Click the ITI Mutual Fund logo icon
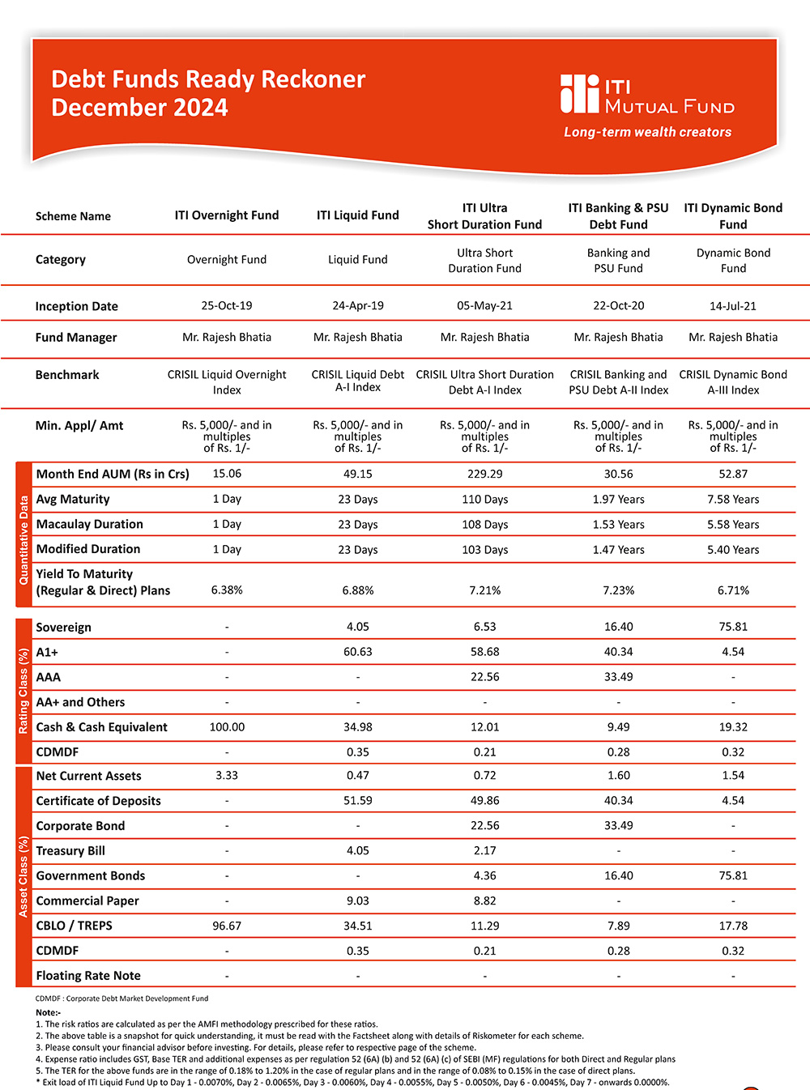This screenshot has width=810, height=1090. click(579, 94)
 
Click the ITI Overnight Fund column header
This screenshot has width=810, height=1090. click(227, 215)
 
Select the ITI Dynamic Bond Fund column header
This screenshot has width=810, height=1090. click(733, 216)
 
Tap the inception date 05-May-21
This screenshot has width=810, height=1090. click(484, 306)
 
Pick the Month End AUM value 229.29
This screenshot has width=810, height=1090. click(484, 474)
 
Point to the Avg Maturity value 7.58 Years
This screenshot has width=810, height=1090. click(733, 500)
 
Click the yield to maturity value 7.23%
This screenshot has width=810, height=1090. click(618, 590)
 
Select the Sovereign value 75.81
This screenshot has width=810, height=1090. click(733, 627)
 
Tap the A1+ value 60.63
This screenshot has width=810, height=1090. click(357, 652)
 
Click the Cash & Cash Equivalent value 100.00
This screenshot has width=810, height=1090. click(227, 727)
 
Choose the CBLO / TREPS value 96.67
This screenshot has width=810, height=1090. click(227, 926)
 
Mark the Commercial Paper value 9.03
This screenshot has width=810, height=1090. click(357, 901)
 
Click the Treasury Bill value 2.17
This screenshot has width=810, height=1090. click(484, 850)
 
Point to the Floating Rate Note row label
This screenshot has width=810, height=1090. click(88, 976)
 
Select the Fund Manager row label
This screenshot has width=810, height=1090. click(76, 338)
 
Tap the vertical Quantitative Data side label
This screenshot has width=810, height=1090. click(23, 534)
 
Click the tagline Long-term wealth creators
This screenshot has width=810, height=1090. click(647, 132)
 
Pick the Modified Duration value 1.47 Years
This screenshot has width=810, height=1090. click(618, 550)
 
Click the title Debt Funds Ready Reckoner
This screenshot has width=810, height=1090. click(208, 79)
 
